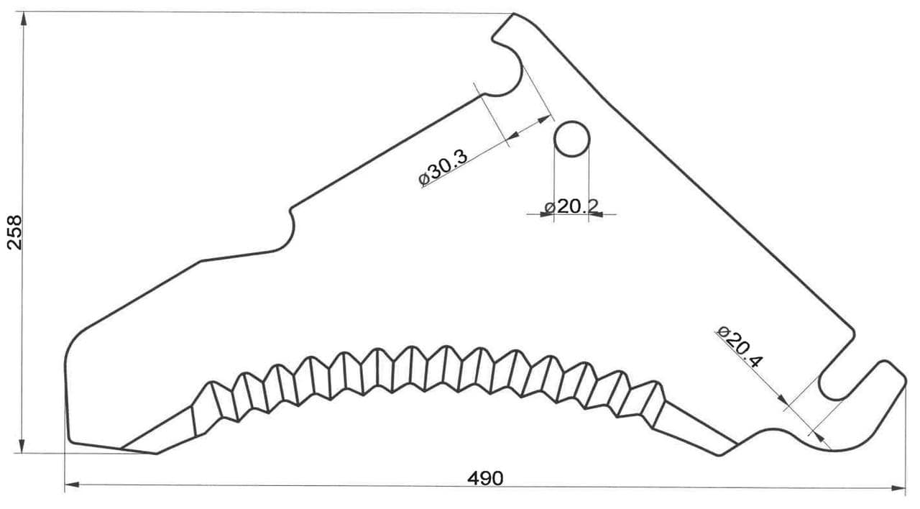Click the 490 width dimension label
coord(485,478)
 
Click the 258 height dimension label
coord(15,232)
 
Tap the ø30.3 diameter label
coord(443,168)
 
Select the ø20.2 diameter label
coord(571,206)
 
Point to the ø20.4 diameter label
coord(740,347)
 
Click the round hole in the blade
coord(571,139)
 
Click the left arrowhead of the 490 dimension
coord(72,485)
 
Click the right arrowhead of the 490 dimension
coord(898,488)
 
